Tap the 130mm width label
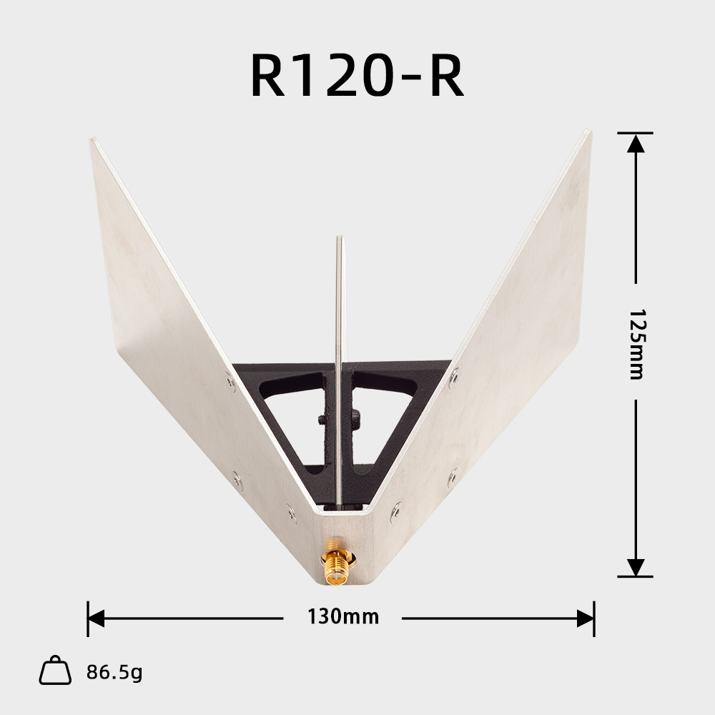[x=342, y=616]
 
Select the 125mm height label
[x=636, y=344]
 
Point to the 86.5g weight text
[x=114, y=672]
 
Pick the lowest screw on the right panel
[x=395, y=509]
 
